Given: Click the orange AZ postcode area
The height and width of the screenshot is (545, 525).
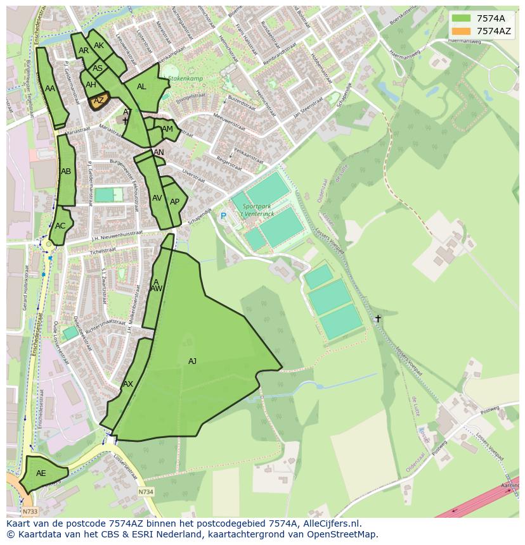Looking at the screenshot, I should point(98,101).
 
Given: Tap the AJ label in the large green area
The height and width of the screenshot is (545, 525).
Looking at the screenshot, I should point(192,361).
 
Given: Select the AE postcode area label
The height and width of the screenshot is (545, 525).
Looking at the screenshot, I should point(41,473).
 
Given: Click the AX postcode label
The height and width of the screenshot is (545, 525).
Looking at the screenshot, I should point(128,384).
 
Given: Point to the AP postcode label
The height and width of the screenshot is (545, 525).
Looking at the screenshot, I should point(175,202).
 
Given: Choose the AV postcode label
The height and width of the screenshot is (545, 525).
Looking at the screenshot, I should point(157,198).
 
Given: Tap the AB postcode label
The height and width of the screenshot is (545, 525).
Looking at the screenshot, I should point(66,172).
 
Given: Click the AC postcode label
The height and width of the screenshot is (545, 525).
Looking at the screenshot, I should point(60,226).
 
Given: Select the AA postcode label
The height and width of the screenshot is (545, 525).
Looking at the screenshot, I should point(50,89).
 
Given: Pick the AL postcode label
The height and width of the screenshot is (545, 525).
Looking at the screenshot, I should point(141,87).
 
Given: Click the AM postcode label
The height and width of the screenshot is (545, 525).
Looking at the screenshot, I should point(167,129).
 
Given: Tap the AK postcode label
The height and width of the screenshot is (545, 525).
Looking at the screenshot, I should point(99,46).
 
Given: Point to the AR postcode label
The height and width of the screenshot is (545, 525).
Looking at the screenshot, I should point(84,51).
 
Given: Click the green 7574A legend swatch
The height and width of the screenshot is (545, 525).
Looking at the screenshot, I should point(462,18).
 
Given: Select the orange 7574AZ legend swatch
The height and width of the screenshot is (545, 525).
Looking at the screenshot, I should point(462,31).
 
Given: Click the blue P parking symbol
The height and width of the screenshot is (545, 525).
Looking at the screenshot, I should point(223,216).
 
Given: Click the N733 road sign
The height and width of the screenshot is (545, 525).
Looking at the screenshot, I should point(29,511).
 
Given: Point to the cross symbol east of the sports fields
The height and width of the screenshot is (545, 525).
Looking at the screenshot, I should point(378,318).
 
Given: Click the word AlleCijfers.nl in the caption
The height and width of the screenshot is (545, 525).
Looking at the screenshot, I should point(329,523).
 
